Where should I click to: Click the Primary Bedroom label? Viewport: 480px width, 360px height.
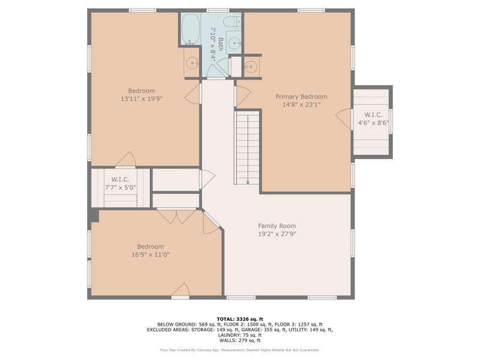pos(301,97)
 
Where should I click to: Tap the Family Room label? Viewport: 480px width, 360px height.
pos(277,226)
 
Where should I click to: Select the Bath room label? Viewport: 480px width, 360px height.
pos(220,44)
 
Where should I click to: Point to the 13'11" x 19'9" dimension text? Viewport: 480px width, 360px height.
pos(142,98)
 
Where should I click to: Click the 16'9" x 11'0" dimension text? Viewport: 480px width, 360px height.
pos(151,254)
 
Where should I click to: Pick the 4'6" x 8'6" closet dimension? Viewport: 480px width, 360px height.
pos(373,123)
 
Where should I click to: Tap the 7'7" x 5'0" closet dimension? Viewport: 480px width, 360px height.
pos(121,187)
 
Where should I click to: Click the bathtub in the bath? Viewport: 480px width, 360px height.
pos(191,29)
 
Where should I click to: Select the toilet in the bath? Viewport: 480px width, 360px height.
pos(232,22)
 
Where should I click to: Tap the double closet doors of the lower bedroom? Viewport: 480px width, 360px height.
pos(176,216)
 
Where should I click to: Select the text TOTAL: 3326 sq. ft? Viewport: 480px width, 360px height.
pos(239,319)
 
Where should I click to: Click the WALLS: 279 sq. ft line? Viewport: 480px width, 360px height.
pos(239,340)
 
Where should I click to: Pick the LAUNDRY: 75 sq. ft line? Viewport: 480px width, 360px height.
pos(239,335)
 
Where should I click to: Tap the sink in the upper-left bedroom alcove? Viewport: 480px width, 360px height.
pos(192,63)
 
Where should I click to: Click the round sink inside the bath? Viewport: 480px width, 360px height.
pos(235,43)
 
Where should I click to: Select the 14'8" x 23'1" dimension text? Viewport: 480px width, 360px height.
pos(301,104)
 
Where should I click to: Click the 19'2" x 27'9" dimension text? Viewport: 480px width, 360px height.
pos(277,234)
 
